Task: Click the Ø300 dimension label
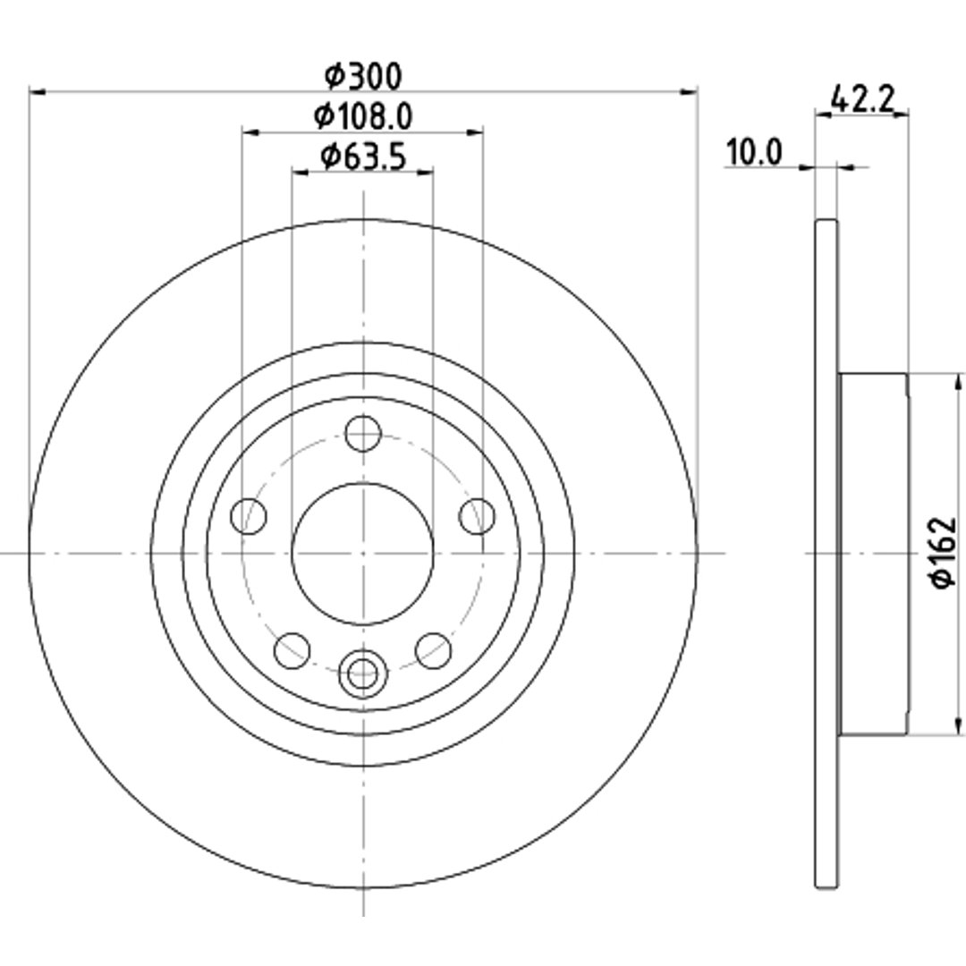point(363,76)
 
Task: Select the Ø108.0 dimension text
point(363,116)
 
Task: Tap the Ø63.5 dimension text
point(363,157)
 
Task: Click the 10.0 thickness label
point(754,152)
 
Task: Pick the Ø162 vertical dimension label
point(943,552)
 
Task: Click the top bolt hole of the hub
point(363,433)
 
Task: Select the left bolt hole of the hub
point(249,516)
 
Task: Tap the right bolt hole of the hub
point(478,516)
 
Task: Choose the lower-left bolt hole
point(292,650)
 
